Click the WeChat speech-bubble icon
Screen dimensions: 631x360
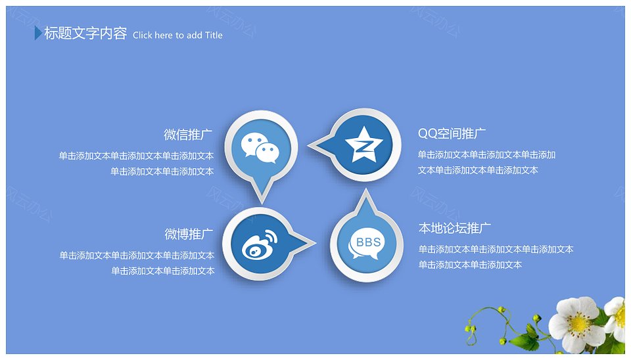(260, 148)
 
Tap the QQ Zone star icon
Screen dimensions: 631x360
(363, 145)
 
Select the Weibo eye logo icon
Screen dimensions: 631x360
(260, 244)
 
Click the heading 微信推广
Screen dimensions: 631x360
(188, 135)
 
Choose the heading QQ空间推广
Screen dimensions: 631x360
(452, 133)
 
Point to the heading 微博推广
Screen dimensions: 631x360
(189, 234)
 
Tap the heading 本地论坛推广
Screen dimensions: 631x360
(455, 228)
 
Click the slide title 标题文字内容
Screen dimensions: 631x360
(85, 33)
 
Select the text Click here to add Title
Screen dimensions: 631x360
(177, 35)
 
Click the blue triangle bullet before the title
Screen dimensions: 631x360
(38, 33)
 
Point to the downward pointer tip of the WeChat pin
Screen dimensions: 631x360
(262, 203)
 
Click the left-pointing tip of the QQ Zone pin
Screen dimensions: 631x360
(309, 145)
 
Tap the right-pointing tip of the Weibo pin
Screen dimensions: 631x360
(316, 242)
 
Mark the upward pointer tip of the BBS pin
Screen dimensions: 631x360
(366, 190)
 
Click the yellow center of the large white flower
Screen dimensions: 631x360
(578, 324)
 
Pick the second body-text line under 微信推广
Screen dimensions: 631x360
(162, 171)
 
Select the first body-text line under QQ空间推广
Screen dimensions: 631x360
(486, 154)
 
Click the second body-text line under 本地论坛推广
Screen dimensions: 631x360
(470, 265)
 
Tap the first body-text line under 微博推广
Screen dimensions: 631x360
(137, 256)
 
